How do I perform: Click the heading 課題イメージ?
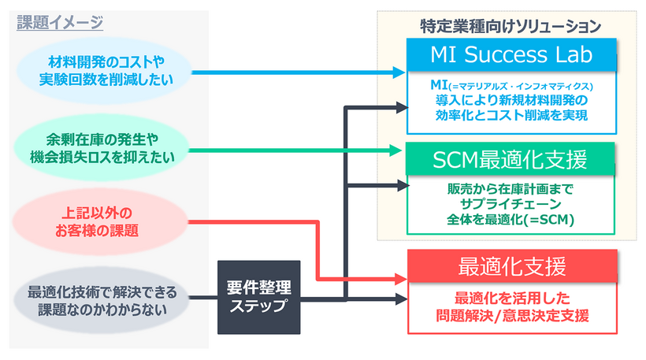pyautogui.click(x=60, y=23)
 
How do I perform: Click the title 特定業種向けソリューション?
pyautogui.click(x=510, y=25)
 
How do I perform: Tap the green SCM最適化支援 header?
pyautogui.click(x=510, y=160)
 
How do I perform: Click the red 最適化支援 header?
pyautogui.click(x=511, y=266)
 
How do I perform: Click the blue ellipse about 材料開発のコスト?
pyautogui.click(x=106, y=72)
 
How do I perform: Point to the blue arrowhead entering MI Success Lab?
pyautogui.click(x=400, y=72)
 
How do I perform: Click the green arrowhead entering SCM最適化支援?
pyautogui.click(x=400, y=149)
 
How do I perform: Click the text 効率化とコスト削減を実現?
pyautogui.click(x=510, y=115)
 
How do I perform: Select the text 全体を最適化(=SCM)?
pyautogui.click(x=510, y=220)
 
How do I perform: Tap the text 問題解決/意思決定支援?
pyautogui.click(x=511, y=316)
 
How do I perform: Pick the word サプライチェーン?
pyautogui.click(x=510, y=205)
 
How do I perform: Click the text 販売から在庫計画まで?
pyautogui.click(x=510, y=189)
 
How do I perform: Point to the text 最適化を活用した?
pyautogui.click(x=511, y=299)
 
